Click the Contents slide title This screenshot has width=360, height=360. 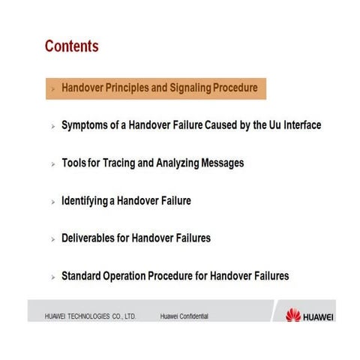(72, 46)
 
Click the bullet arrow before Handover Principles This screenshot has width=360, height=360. (52, 89)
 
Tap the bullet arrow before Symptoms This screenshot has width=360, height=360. (52, 127)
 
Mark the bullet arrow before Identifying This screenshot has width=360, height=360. (52, 202)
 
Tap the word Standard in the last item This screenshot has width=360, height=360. (84, 276)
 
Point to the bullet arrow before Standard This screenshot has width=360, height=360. (52, 277)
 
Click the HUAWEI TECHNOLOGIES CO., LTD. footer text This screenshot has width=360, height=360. (90, 316)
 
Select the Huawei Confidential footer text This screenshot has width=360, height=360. (184, 316)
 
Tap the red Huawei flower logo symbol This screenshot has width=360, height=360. (293, 316)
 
